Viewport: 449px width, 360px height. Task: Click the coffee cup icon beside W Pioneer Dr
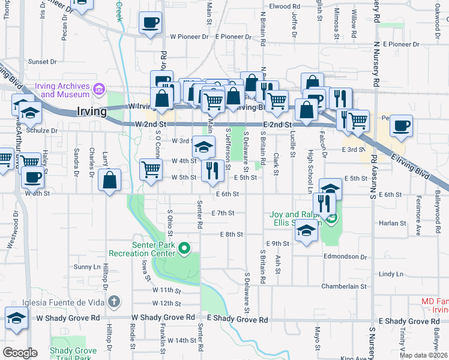click(x=149, y=23)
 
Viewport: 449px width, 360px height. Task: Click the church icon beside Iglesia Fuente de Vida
click(x=116, y=301)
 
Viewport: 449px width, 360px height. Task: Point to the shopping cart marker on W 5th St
click(x=150, y=169)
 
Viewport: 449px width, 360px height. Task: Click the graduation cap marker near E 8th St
click(x=306, y=231)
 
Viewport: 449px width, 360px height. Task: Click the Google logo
click(x=20, y=353)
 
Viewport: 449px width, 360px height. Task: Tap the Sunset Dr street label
click(x=42, y=62)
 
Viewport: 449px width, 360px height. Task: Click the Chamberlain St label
click(x=343, y=287)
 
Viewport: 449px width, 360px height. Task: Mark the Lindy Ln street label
click(x=391, y=274)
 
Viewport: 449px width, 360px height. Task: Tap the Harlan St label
click(x=393, y=223)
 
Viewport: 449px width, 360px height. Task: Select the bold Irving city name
click(x=92, y=111)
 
